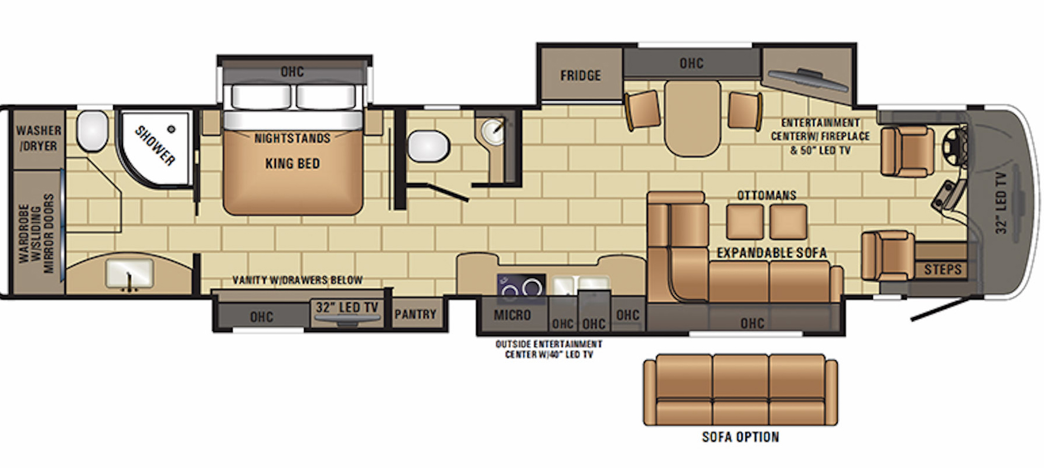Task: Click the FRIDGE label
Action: coord(580,76)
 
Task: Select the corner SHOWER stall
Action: coord(155,149)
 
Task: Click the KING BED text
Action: coord(292,163)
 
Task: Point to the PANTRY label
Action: coord(415,315)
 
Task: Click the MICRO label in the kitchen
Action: coord(512,315)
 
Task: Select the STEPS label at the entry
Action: coord(943,269)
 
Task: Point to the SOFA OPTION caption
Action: coord(741,437)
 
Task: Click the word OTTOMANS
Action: coord(766,195)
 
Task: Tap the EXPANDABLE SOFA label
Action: coord(772,253)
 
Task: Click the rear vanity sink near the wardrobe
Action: coord(129,274)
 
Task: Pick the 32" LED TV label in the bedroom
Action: coord(347,308)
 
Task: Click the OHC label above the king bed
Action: coord(292,71)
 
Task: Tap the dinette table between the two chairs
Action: coord(692,118)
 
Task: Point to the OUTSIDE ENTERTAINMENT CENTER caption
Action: coord(548,349)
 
